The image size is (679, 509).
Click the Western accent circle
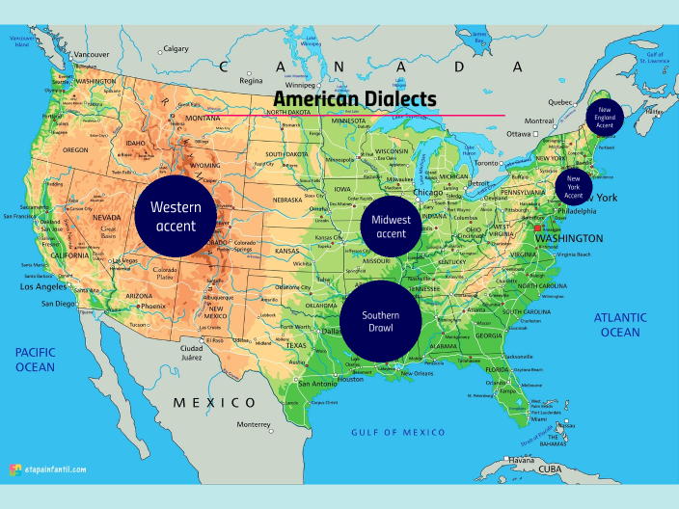174,217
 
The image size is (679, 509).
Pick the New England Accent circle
605,117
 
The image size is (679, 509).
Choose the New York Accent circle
574,183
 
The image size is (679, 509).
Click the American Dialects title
355,99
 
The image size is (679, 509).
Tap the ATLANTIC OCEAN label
618,325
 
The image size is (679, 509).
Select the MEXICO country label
214,402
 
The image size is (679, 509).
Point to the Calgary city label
176,48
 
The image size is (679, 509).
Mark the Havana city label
521,461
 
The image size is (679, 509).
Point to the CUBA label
550,469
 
